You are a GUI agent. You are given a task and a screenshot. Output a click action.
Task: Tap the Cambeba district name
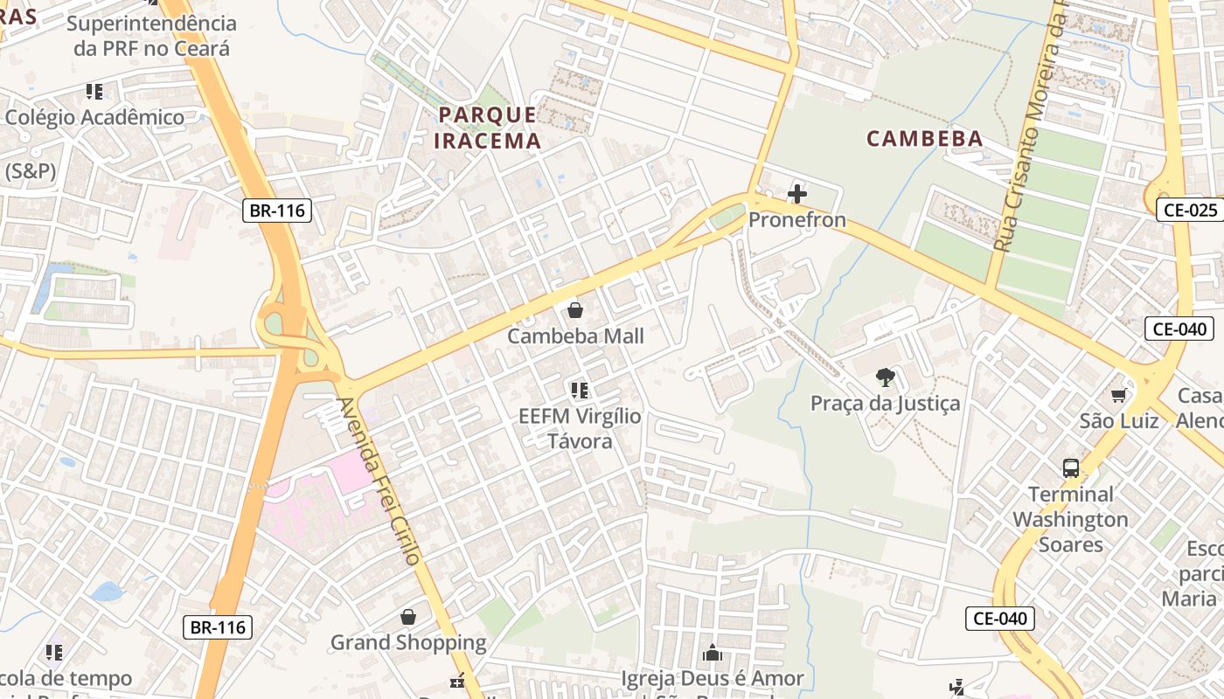click(x=924, y=138)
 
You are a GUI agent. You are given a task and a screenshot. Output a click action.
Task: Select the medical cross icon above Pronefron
click(x=797, y=193)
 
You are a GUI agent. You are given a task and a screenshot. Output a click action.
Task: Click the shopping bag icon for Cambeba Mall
click(x=575, y=310)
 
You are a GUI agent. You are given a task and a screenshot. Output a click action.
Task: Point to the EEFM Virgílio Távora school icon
click(x=579, y=391)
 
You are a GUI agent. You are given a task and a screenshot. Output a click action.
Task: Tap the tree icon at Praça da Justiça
click(x=885, y=377)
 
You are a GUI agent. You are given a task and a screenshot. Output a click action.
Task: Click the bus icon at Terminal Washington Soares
click(x=1071, y=468)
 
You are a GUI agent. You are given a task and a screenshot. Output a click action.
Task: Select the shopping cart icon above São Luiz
click(x=1118, y=396)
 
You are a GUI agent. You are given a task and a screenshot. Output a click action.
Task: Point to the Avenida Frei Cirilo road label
click(x=379, y=481)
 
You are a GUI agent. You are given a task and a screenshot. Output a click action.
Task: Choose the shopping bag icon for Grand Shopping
click(x=408, y=618)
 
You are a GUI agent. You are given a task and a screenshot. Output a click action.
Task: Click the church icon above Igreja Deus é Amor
click(x=713, y=653)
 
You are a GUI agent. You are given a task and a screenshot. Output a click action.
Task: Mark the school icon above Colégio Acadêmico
click(x=94, y=92)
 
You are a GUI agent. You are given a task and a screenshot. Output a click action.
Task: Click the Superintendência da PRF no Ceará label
click(x=151, y=36)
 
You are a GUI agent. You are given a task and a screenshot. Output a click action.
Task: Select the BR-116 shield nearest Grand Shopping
click(x=218, y=626)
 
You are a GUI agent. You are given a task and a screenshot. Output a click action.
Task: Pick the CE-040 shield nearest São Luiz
click(x=1179, y=329)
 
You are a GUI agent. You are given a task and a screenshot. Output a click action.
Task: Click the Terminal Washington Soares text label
click(x=1070, y=519)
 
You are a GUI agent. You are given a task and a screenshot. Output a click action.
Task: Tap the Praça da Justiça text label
click(x=885, y=403)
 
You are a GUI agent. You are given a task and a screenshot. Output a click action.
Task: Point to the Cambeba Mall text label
click(x=575, y=336)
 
